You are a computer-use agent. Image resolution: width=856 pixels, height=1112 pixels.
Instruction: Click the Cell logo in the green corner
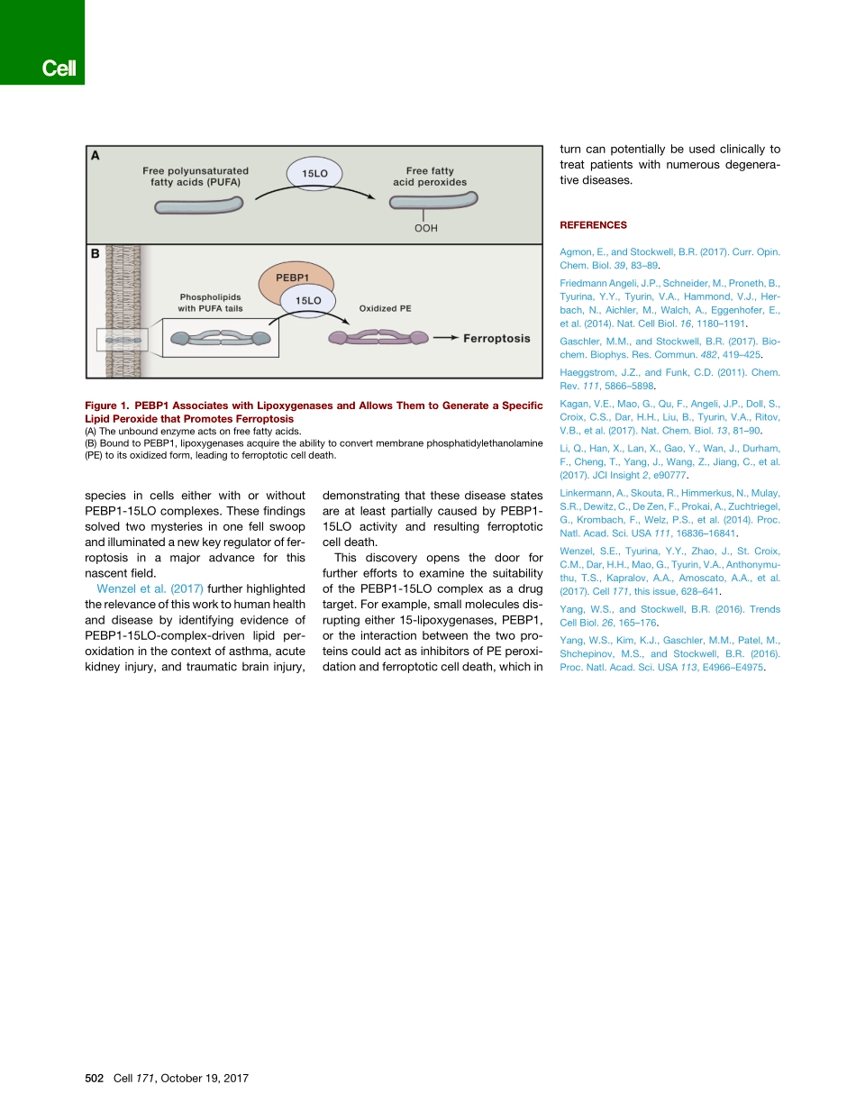[x=59, y=69]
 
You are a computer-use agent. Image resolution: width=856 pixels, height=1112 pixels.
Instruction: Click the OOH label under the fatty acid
[x=425, y=228]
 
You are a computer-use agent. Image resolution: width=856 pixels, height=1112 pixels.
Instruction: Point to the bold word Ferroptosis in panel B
[x=496, y=339]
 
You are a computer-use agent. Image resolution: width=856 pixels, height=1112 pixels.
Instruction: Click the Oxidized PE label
[x=385, y=308]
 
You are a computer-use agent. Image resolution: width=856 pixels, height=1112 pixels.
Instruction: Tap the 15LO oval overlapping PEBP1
[x=309, y=300]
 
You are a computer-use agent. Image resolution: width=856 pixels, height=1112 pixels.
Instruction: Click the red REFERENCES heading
[x=593, y=225]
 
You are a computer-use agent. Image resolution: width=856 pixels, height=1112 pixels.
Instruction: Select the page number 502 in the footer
[x=95, y=1078]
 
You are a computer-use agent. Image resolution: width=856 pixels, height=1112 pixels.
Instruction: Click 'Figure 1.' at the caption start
[x=111, y=406]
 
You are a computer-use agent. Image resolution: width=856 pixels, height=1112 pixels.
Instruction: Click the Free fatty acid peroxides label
[x=430, y=177]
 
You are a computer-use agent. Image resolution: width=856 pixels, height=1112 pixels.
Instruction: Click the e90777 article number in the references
[x=669, y=475]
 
